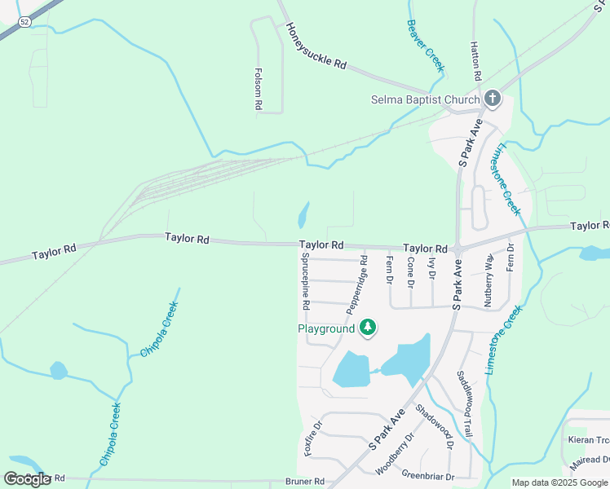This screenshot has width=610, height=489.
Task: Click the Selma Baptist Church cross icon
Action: pos(492,99)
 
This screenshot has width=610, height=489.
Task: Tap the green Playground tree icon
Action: pos(368,328)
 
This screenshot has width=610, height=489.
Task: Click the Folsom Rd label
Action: pos(258,89)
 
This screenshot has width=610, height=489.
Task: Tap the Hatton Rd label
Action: pos(475,61)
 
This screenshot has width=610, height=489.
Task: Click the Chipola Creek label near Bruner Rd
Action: pos(110,434)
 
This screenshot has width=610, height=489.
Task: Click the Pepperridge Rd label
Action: pos(357,284)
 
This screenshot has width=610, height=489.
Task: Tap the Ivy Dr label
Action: pos(431,267)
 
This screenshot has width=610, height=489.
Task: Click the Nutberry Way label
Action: pos(488,279)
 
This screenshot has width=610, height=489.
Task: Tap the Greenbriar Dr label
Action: pos(427,476)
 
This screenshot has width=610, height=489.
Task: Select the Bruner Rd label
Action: pos(304,481)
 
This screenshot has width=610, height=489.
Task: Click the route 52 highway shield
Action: pos(25,21)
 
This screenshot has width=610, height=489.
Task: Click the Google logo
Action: pos(28,478)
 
